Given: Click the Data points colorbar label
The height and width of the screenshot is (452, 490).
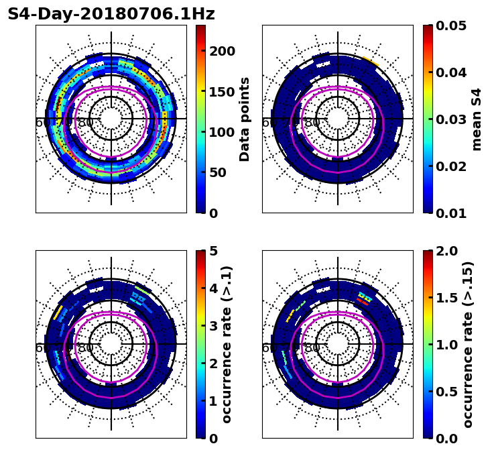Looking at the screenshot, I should [x=245, y=119].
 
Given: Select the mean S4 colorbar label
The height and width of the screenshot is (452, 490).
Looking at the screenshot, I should [x=477, y=119].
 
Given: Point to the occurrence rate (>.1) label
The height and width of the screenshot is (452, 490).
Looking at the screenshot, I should [x=227, y=344].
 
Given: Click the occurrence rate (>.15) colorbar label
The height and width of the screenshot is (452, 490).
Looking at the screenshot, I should [x=468, y=344].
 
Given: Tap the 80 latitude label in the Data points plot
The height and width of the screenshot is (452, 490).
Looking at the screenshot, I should [x=86, y=123].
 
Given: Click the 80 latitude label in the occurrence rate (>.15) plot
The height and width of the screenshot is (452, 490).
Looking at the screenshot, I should [x=312, y=348].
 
